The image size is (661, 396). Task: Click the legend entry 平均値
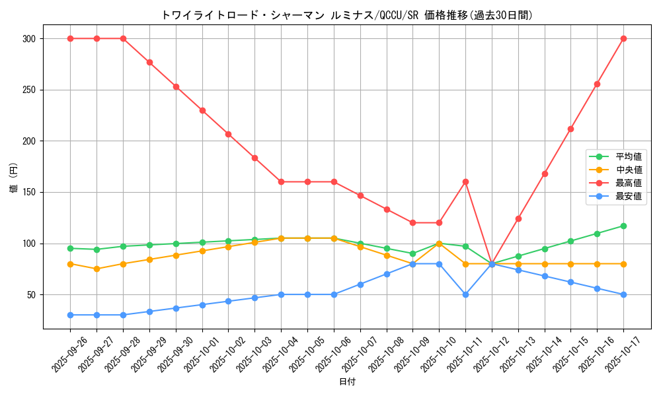[629, 156]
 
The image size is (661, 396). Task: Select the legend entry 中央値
[629, 170]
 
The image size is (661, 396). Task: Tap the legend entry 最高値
[629, 183]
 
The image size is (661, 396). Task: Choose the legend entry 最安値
[629, 196]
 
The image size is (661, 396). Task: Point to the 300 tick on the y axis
[28, 39]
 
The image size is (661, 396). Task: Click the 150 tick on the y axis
[28, 193]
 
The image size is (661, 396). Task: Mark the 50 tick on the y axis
[30, 295]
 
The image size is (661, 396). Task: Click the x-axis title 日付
[347, 382]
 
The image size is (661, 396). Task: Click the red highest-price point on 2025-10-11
[465, 181]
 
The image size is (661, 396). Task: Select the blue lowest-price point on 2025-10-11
[465, 294]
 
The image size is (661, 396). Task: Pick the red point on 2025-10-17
[623, 38]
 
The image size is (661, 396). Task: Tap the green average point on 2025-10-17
[623, 226]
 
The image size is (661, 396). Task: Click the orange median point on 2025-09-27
[97, 269]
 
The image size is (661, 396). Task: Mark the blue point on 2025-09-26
[70, 315]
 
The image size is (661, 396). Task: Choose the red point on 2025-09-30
[176, 86]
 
